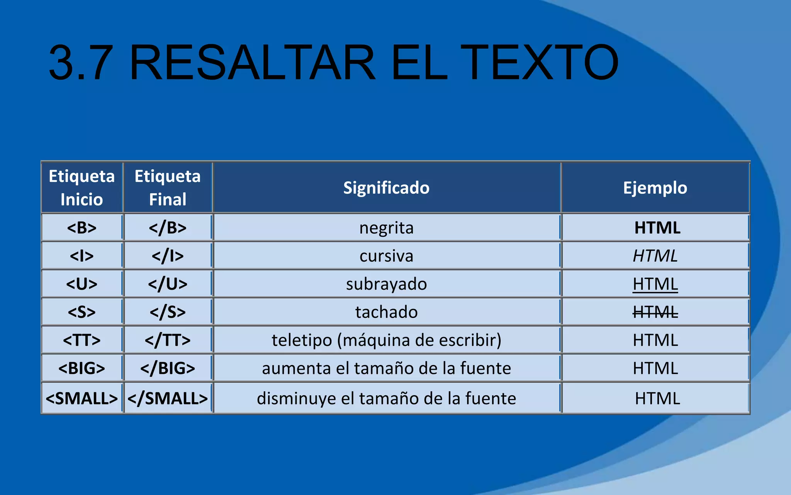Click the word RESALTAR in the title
253,63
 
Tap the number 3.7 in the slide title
81,63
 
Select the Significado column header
386,188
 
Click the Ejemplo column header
655,188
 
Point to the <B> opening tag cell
81,228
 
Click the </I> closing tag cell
168,256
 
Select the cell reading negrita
386,228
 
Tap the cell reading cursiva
386,256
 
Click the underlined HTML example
655,284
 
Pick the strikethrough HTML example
655,312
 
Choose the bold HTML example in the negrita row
657,228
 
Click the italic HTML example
655,256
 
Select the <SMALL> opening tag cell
81,399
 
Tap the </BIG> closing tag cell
168,368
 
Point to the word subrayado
386,284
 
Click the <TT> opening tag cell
81,340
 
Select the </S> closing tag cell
168,312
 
